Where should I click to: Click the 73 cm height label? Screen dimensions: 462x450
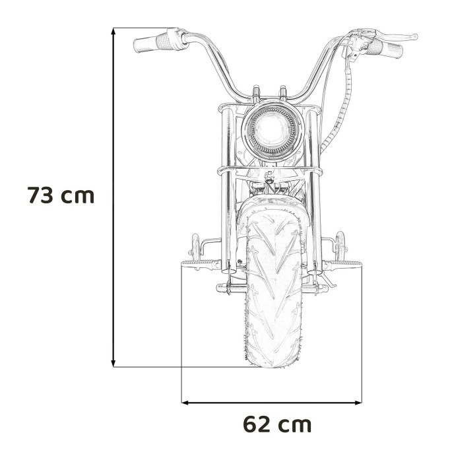point(61,196)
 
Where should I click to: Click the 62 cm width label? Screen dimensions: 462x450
point(277,423)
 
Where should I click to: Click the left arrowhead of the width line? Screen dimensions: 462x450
point(185,401)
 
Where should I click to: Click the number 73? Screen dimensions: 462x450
point(40,196)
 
